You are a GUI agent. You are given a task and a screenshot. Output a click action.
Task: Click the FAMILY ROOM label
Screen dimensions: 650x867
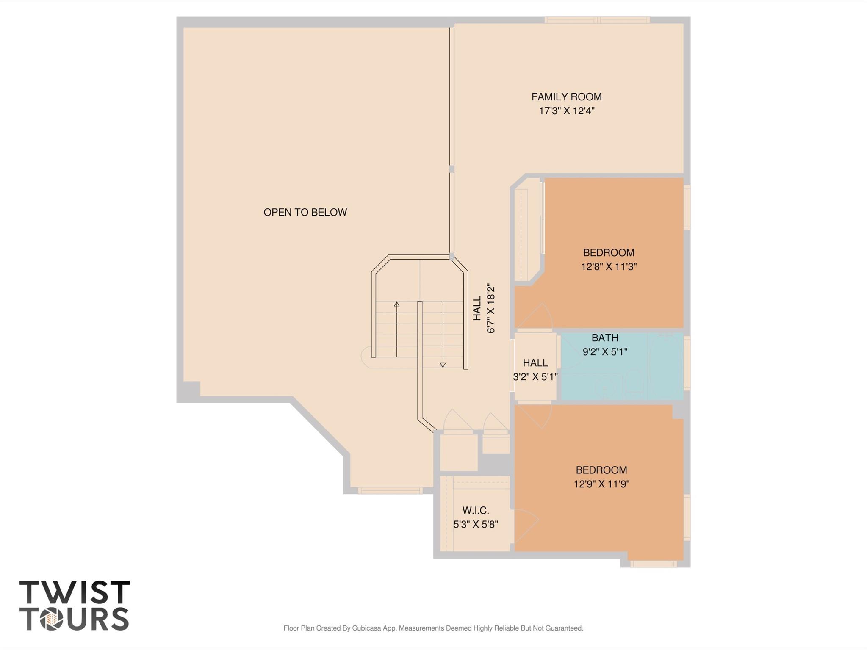[566, 97]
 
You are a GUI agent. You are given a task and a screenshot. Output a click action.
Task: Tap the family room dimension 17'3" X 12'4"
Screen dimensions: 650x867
[566, 111]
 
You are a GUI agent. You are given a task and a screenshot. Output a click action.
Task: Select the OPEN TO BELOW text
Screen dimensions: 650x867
[305, 212]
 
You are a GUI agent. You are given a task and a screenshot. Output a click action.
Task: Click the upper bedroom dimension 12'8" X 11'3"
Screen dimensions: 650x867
[609, 267]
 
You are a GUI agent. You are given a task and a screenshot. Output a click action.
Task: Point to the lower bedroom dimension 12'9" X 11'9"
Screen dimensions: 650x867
[601, 484]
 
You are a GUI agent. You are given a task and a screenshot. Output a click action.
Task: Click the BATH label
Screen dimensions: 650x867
[604, 338]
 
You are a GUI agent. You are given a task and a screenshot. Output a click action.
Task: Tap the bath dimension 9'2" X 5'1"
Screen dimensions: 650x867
[604, 352]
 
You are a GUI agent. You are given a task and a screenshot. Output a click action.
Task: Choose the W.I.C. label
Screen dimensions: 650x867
[475, 511]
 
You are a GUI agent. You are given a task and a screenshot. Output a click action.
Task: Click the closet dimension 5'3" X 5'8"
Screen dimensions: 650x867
[475, 525]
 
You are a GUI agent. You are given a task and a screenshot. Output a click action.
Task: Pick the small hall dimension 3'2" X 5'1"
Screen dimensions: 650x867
[535, 377]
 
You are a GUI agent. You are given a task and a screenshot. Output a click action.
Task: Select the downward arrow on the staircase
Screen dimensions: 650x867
[443, 364]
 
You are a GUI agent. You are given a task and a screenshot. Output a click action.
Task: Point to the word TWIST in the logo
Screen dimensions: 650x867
[74, 592]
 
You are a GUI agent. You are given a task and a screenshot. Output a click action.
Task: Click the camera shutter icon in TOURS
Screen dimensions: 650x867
[51, 619]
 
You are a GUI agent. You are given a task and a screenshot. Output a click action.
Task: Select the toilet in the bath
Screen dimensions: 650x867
[634, 381]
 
